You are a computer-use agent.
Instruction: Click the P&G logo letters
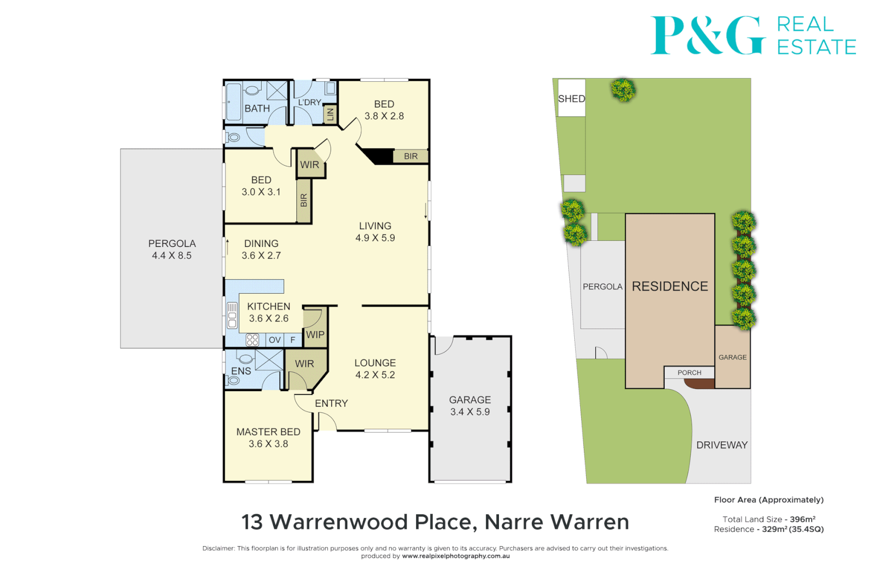708,36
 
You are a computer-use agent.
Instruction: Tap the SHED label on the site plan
571,98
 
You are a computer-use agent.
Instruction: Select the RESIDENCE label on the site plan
669,286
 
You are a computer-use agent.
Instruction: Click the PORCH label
689,372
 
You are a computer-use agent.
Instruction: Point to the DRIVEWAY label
722,445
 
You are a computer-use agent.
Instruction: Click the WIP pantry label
315,335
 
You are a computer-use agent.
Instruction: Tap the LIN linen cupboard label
330,114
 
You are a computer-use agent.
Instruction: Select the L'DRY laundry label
310,102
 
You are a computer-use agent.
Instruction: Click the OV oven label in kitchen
275,340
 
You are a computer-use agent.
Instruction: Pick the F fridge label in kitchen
293,340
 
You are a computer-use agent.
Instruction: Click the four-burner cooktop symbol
252,340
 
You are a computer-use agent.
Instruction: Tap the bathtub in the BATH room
233,102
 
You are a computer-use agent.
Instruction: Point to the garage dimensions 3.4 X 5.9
470,412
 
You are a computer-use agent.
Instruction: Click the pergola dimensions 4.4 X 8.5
172,256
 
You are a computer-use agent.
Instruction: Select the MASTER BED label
268,432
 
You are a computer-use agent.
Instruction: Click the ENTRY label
331,403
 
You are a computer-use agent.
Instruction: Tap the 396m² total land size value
802,519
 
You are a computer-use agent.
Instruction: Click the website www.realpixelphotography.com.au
455,556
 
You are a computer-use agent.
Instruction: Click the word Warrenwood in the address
339,522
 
